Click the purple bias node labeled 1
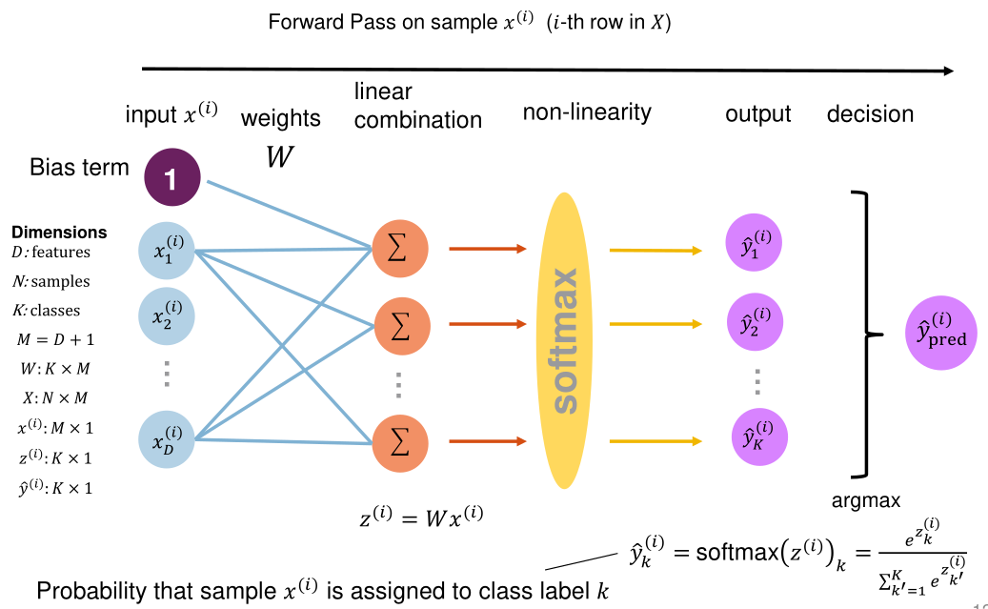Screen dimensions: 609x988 click(171, 178)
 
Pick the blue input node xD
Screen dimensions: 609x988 click(167, 440)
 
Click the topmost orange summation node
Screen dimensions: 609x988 click(400, 250)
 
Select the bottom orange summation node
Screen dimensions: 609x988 click(400, 440)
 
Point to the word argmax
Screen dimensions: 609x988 click(866, 499)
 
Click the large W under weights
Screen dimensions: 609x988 click(279, 157)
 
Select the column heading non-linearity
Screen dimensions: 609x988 click(587, 112)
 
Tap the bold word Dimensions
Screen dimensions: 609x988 click(59, 233)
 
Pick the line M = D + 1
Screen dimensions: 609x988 click(55, 338)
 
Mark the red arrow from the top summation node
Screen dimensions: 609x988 click(487, 250)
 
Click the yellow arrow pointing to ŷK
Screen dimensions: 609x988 click(656, 440)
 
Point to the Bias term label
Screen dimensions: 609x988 click(79, 168)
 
